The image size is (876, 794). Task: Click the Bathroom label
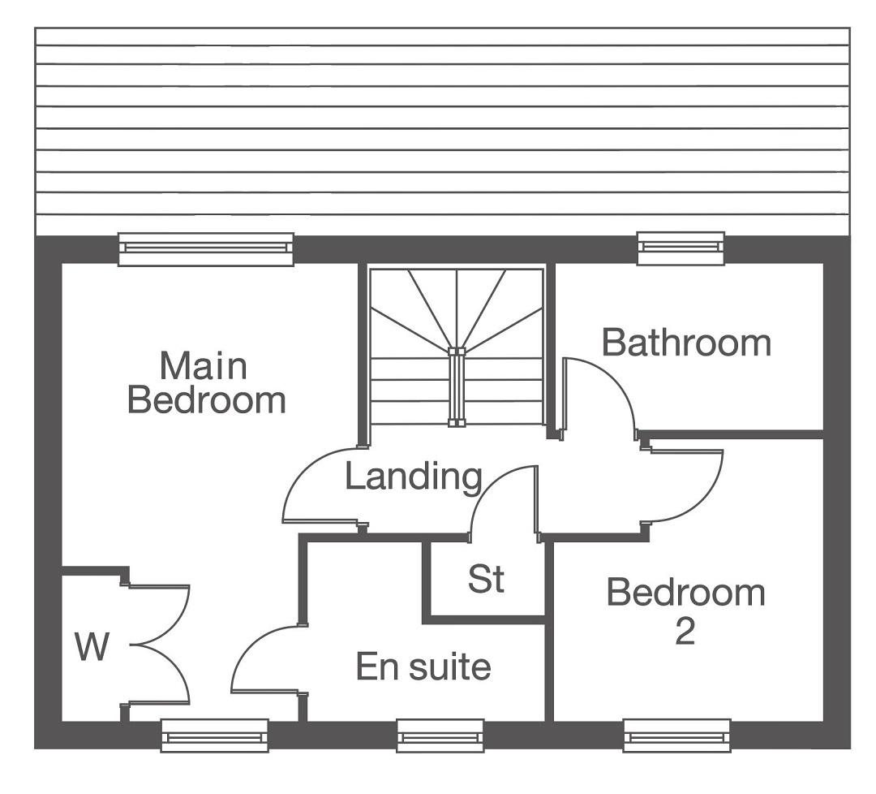coord(686,343)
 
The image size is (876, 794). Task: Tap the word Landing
coord(414,477)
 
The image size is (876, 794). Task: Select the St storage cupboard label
coord(486,579)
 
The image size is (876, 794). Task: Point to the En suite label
coord(423,667)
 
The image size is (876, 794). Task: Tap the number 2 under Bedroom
coord(685,632)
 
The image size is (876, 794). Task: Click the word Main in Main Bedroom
coord(204,366)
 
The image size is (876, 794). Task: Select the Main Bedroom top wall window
coord(205,248)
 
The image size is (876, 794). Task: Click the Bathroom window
coord(681,248)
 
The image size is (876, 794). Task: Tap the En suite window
coord(440,736)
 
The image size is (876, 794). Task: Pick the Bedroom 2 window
coord(677,736)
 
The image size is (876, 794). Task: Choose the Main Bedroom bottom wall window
coord(214,736)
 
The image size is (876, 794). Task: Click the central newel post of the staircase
coord(457,387)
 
